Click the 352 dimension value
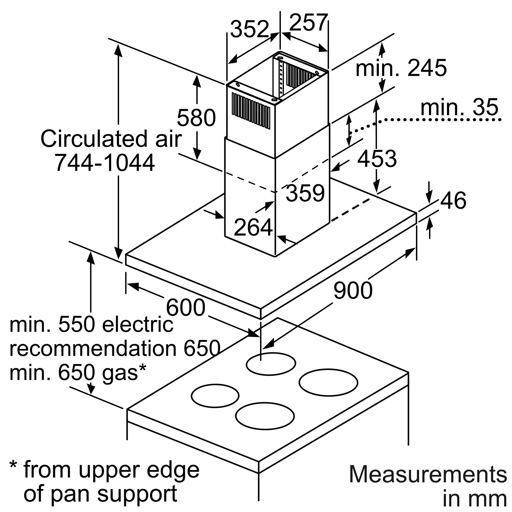[250, 29]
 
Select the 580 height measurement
[196, 118]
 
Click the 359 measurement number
[305, 193]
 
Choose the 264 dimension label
[253, 227]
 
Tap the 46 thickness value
[453, 200]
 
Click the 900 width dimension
[353, 291]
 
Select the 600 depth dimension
[186, 307]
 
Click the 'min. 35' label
[459, 107]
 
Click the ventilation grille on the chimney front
[251, 111]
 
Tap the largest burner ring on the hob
[328, 382]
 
